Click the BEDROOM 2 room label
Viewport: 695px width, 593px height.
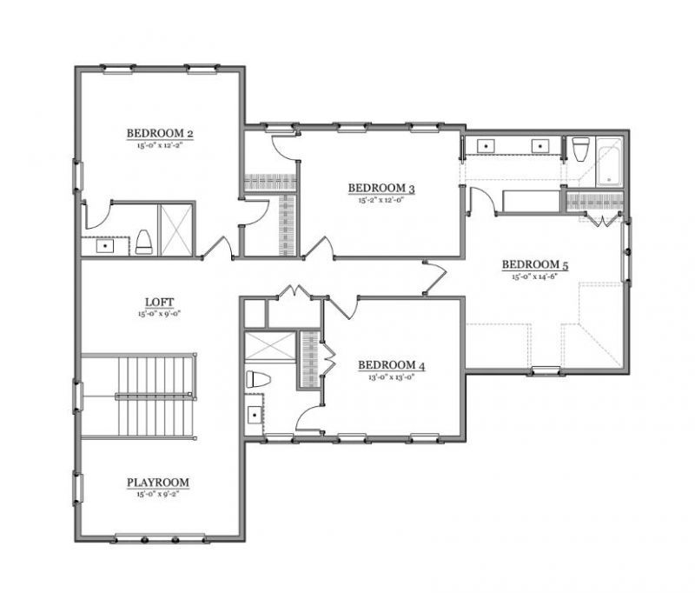pos(159,133)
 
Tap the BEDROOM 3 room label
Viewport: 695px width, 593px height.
pos(381,188)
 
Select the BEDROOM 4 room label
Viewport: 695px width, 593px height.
pos(391,366)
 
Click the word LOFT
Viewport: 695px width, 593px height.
pos(159,303)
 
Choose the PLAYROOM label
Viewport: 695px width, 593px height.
pos(158,483)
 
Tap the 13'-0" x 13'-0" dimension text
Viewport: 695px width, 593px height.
pos(391,377)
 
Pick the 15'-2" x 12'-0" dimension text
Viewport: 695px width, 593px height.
pos(381,199)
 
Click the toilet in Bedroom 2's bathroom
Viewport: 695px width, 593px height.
pos(144,243)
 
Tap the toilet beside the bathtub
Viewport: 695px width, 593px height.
pos(580,150)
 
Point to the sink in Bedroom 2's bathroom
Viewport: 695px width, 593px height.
pos(106,246)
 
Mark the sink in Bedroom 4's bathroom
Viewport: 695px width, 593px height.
pos(255,415)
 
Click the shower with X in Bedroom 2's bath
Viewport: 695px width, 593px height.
pos(176,230)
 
